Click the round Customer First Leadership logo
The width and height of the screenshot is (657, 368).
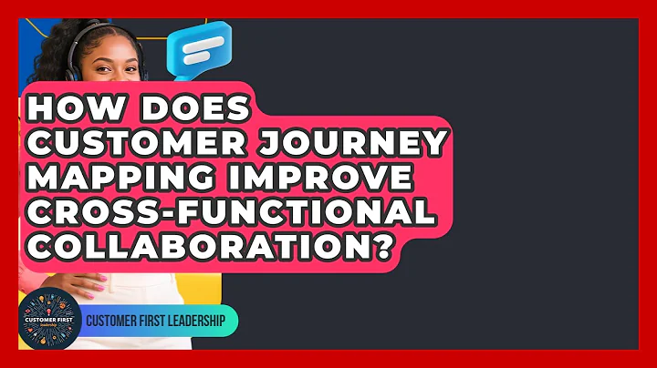49,318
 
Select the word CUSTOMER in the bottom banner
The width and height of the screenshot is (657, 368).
106,321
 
